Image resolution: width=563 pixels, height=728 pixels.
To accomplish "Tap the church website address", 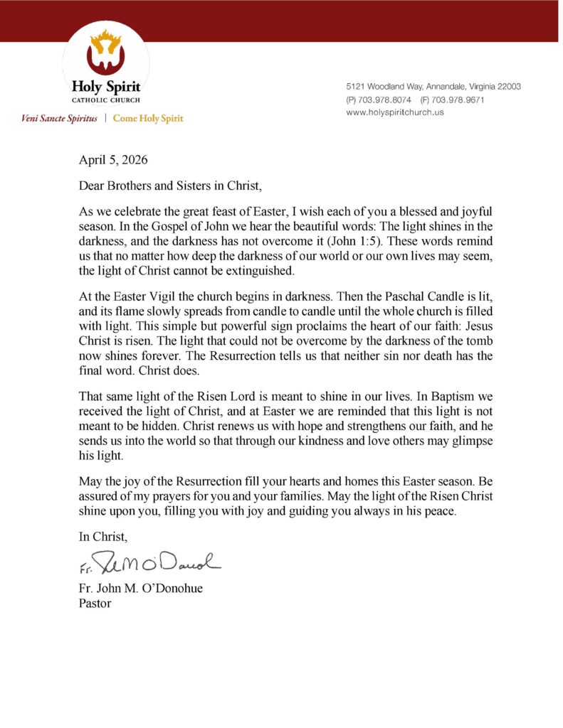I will click(394, 113).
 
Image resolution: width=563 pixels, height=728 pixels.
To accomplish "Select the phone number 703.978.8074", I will click(388, 100).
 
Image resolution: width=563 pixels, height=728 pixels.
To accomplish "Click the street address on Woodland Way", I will click(433, 87).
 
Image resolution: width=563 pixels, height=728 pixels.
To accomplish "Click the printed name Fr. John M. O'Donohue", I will click(140, 589).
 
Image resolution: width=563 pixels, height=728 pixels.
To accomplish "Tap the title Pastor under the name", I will click(95, 604).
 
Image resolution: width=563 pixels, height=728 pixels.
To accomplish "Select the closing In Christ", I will click(103, 538).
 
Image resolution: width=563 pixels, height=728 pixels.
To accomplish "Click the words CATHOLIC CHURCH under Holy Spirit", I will click(105, 100).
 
